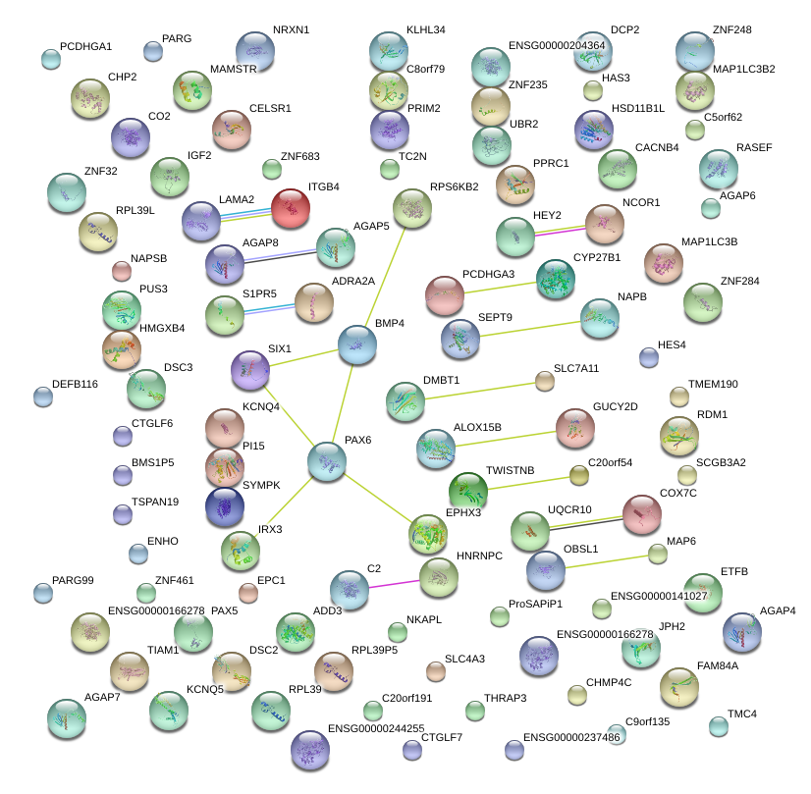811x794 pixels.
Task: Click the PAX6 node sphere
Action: pyautogui.click(x=327, y=461)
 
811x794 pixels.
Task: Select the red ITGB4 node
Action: pyautogui.click(x=291, y=209)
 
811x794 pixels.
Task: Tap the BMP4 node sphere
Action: pyautogui.click(x=356, y=344)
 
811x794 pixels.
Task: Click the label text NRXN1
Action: pyautogui.click(x=291, y=30)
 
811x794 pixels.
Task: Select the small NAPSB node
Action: pyautogui.click(x=122, y=271)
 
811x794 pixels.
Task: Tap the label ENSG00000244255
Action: pyautogui.click(x=375, y=728)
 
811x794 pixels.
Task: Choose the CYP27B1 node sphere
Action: pyautogui.click(x=557, y=280)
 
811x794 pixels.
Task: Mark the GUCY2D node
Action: pyautogui.click(x=575, y=427)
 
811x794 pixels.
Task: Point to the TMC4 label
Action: pyautogui.click(x=742, y=714)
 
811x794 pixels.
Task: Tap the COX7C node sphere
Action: pyautogui.click(x=642, y=514)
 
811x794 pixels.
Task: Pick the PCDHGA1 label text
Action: pyautogui.click(x=86, y=46)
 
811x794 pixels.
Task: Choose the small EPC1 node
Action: pyautogui.click(x=248, y=592)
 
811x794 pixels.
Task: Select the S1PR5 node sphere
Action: pyautogui.click(x=225, y=315)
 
